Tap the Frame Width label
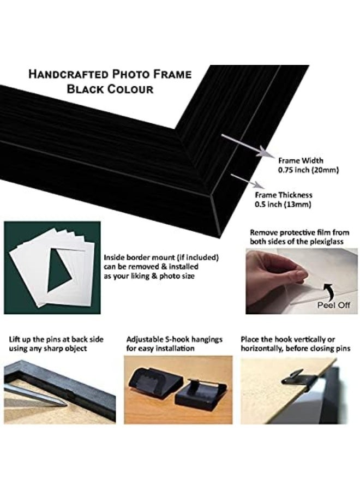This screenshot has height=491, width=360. (301, 161)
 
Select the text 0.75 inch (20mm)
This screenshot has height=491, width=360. (308, 170)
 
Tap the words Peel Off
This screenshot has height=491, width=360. (334, 306)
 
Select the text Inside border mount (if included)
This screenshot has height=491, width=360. (161, 257)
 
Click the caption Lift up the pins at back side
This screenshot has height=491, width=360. (56, 338)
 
